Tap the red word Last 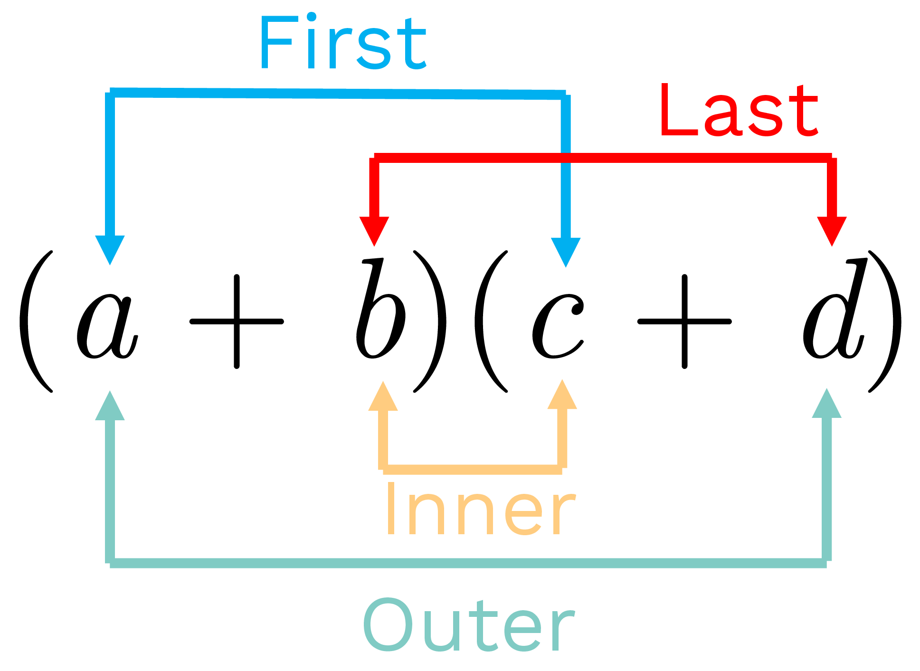pos(739,110)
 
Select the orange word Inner pos(481,510)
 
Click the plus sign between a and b pos(237,321)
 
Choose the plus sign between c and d pos(684,321)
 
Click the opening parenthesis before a pos(36,321)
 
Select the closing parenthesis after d pos(886,321)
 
